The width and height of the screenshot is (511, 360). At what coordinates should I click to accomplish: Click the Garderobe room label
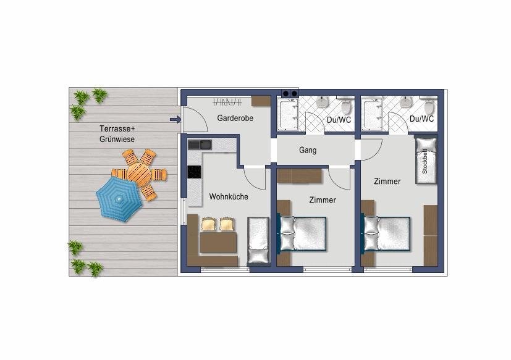[x=235, y=118]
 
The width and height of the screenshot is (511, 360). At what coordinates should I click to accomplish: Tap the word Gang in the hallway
[x=308, y=150]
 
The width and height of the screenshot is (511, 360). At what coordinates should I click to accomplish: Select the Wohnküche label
[x=229, y=196]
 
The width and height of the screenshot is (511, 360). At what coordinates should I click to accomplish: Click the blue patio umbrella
[x=119, y=199]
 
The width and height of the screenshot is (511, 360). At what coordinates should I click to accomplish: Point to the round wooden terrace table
[x=139, y=172]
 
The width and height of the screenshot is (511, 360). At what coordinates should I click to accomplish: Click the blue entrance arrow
[x=175, y=120]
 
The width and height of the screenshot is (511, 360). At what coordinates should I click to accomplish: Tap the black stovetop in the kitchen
[x=194, y=172]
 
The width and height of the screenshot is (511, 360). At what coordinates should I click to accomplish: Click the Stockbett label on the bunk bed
[x=424, y=161]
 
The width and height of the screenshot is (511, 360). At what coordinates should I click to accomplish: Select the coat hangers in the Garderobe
[x=227, y=102]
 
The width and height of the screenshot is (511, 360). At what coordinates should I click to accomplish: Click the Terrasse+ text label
[x=117, y=128]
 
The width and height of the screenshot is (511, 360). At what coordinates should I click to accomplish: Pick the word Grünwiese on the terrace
[x=117, y=139]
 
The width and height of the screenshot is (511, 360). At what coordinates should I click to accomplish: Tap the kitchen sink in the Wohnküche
[x=200, y=144]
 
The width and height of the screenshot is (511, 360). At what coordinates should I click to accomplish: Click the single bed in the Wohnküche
[x=258, y=240]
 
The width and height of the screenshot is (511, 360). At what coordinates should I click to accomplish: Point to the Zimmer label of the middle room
[x=323, y=199]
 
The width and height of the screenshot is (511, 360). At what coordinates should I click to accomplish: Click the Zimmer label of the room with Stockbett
[x=387, y=181]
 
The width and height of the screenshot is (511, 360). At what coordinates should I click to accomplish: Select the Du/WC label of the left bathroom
[x=339, y=120]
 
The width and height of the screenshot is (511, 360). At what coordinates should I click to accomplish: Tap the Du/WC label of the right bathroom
[x=421, y=119]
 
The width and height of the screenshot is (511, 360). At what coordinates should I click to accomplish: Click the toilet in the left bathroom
[x=347, y=106]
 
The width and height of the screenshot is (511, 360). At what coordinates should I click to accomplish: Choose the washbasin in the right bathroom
[x=406, y=101]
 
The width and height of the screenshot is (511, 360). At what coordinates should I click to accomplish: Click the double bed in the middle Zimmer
[x=302, y=233]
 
